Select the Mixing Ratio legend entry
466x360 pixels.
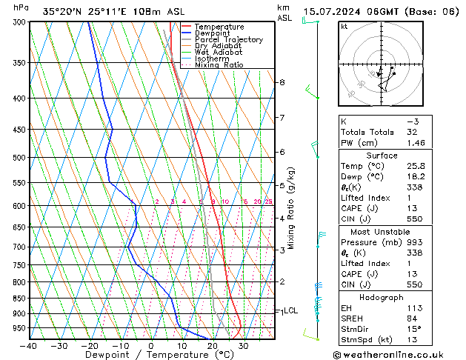coord(219,65)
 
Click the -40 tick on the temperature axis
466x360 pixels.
coord(29,346)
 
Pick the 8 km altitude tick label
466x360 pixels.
coord(282,82)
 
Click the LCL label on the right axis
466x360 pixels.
coord(290,311)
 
